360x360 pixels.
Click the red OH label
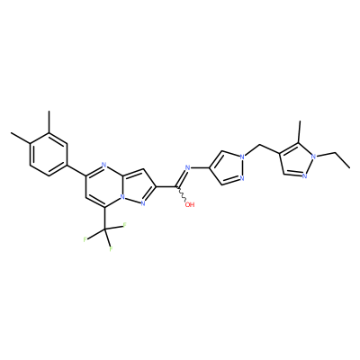tap(190, 205)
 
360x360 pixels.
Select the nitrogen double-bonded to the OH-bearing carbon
tap(188, 167)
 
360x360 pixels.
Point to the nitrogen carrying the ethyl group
tap(313, 157)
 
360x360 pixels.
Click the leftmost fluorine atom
tap(85, 239)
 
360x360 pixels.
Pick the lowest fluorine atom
tap(111, 249)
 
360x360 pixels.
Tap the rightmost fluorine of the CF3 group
tap(123, 225)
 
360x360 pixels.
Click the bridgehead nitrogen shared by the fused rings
tap(122, 198)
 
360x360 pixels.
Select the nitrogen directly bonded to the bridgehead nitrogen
tap(142, 204)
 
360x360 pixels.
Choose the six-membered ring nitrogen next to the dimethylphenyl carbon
tap(103, 165)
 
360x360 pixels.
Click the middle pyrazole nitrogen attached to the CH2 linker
tap(242, 157)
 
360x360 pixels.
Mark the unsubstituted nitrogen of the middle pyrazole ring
tap(242, 179)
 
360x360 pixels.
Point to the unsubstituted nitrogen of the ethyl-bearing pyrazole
tap(304, 175)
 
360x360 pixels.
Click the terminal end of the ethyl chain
tap(350, 167)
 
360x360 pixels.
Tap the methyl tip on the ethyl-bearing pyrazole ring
tap(299, 121)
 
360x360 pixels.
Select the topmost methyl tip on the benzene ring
tap(49, 112)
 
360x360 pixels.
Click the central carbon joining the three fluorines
tap(104, 230)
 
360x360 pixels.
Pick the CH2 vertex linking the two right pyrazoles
tap(258, 146)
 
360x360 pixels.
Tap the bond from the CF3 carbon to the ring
tap(104, 220)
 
